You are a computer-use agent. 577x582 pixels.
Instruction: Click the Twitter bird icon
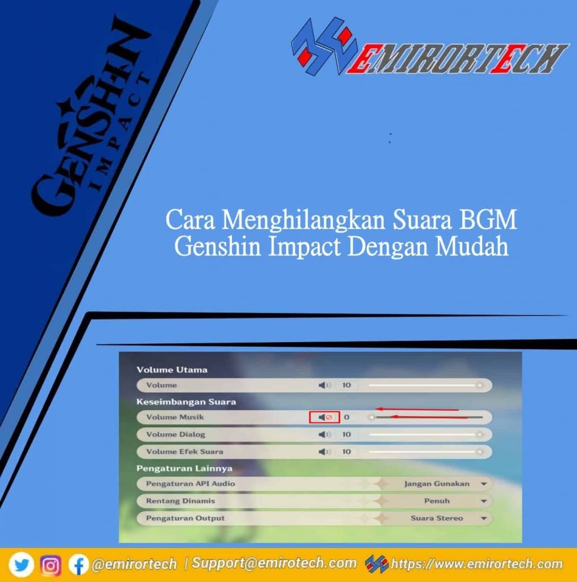pos(21,565)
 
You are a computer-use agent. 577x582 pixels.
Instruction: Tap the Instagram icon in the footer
pos(51,565)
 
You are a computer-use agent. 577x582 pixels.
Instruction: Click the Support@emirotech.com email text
pos(274,563)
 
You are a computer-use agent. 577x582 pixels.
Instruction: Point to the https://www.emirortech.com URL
pos(476,564)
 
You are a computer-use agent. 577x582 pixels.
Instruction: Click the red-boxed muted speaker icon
pos(325,417)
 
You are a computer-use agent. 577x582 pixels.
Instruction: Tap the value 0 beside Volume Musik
pos(346,417)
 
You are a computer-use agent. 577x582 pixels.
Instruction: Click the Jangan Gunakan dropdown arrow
pos(484,484)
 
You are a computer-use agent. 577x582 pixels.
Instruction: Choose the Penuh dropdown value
pos(437,501)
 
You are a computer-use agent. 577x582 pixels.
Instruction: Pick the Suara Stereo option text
pos(437,518)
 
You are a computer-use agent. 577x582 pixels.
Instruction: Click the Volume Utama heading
pos(172,369)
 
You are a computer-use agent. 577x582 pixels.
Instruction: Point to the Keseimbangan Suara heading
pos(186,402)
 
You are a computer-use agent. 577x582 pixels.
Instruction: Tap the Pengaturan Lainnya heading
pos(184,468)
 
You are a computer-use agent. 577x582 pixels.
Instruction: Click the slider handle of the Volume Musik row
pos(372,418)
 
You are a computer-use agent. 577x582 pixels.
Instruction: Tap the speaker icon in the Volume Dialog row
pos(324,434)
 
